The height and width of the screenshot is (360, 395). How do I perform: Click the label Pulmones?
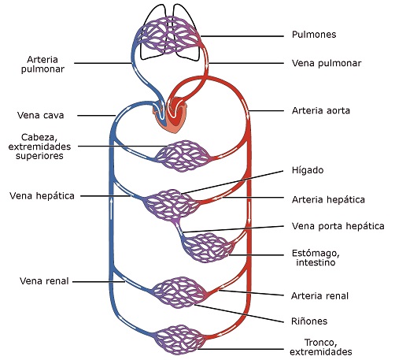[314, 35]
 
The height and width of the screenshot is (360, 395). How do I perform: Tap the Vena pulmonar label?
[327, 63]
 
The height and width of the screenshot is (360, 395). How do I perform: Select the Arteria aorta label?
[321, 110]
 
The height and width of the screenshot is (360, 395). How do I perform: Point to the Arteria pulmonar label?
[42, 65]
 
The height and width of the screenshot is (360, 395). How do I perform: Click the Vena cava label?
[41, 115]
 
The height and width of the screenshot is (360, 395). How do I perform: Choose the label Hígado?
[308, 170]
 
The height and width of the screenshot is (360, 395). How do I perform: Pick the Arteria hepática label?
[328, 199]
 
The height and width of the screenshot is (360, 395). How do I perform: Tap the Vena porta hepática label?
[338, 226]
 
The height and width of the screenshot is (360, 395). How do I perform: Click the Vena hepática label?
[42, 196]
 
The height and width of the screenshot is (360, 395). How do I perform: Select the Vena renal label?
[44, 281]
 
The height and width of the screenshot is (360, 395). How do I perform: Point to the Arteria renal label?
[319, 296]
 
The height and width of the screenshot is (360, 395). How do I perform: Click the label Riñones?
[309, 321]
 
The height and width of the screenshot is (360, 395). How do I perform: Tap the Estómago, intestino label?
[316, 258]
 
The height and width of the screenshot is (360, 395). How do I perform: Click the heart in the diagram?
[171, 116]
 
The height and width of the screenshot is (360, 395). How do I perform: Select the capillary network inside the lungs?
[168, 35]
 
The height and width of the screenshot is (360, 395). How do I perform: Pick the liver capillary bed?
[171, 205]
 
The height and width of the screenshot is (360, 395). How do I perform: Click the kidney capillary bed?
[179, 292]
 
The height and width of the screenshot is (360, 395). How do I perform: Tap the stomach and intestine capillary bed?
[208, 247]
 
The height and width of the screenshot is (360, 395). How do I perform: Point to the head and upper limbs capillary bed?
[183, 156]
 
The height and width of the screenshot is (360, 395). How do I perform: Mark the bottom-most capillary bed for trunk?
[179, 340]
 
